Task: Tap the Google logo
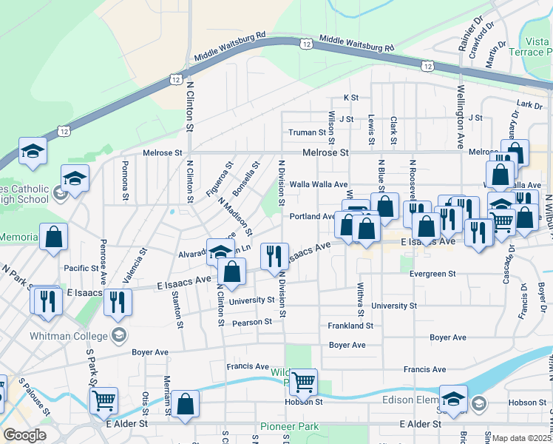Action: pyautogui.click(x=24, y=435)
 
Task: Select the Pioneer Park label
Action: pyautogui.click(x=288, y=427)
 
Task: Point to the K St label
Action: pyautogui.click(x=350, y=98)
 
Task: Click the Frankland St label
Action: pyautogui.click(x=351, y=326)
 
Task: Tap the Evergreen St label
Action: pyautogui.click(x=432, y=274)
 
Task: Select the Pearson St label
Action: pyautogui.click(x=252, y=322)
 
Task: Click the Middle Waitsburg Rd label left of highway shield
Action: pyautogui.click(x=230, y=47)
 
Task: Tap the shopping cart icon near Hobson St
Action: pyautogui.click(x=303, y=383)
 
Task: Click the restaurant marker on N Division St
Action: pyautogui.click(x=274, y=256)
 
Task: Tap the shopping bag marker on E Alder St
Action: pyautogui.click(x=187, y=404)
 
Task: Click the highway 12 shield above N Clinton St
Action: pyautogui.click(x=175, y=78)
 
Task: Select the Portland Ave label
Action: pyautogui.click(x=312, y=217)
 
